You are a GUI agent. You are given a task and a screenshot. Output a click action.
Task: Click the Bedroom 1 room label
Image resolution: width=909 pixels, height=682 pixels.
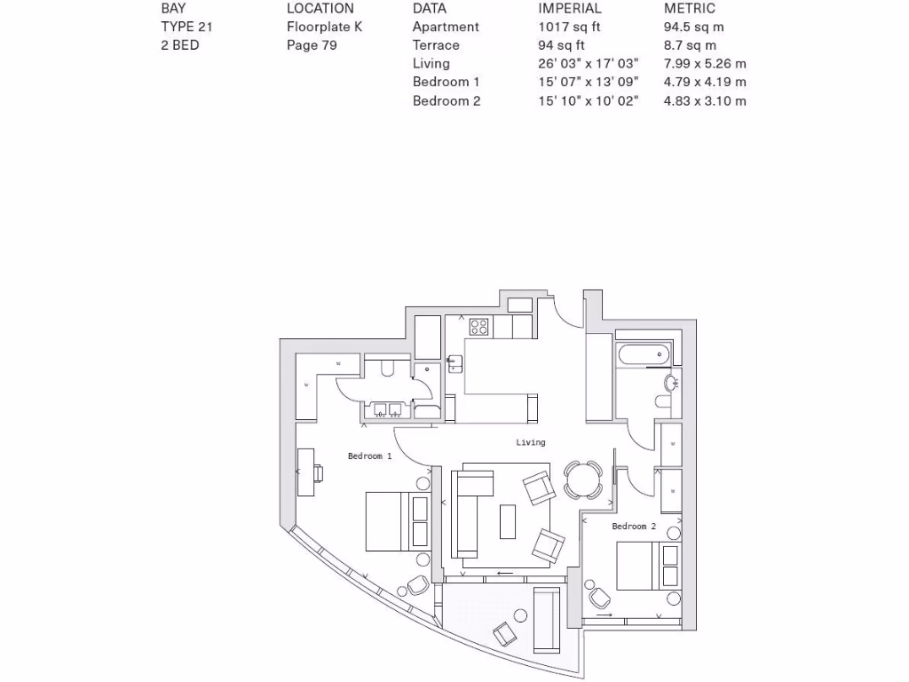pos(369,456)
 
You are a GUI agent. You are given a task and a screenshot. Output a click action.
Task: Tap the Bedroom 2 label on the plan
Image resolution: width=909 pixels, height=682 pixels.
pos(634,527)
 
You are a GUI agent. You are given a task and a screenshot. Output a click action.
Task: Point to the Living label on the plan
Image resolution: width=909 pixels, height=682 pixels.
pos(531,442)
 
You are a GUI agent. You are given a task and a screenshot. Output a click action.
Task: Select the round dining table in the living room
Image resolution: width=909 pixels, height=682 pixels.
pos(583,480)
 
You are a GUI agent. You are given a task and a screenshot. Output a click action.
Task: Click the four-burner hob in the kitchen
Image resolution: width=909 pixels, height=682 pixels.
pos(479,327)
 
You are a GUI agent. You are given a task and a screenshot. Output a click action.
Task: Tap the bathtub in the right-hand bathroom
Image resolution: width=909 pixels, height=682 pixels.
pos(644,355)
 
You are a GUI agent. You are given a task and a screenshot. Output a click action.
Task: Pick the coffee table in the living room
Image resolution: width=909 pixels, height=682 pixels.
pos(507,521)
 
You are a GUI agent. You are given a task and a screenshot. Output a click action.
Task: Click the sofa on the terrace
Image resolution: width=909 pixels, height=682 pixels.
pos(547,618)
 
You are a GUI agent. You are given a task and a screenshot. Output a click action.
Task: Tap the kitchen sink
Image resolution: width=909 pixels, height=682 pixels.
pos(454,363)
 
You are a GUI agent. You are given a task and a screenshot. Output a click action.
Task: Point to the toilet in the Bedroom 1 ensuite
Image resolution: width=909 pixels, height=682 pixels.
pos(387,368)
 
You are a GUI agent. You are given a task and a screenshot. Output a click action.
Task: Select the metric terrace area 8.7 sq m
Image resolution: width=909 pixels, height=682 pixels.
pos(690,45)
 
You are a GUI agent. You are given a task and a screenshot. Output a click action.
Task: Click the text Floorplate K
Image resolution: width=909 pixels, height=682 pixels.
pos(324,27)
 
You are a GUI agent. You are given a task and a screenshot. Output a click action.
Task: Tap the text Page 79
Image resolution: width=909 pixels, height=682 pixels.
pos(311,45)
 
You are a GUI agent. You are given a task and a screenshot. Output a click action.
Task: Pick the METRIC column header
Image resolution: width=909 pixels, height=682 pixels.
pos(689,8)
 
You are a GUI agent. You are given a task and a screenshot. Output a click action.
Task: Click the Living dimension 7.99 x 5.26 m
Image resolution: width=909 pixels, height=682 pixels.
pos(705,64)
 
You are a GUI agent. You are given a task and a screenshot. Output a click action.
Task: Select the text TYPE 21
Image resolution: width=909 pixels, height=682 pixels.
pos(186,27)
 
